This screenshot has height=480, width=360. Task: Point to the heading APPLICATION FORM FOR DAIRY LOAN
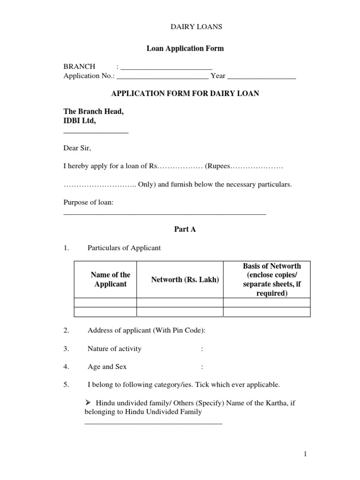(x=185, y=94)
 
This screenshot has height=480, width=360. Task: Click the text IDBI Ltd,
(x=80, y=121)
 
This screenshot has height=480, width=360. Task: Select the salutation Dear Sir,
(x=77, y=148)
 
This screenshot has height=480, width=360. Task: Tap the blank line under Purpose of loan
(x=165, y=213)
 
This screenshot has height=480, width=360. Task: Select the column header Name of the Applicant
(x=110, y=280)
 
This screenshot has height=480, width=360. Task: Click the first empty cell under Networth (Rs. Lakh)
(x=180, y=302)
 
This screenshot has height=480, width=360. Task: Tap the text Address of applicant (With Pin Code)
(x=146, y=330)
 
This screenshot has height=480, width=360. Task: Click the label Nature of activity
(x=114, y=349)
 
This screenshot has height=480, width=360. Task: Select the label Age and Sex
(x=107, y=367)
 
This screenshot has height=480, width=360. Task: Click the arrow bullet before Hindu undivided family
(x=89, y=403)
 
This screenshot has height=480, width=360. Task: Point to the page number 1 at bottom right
(x=304, y=454)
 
